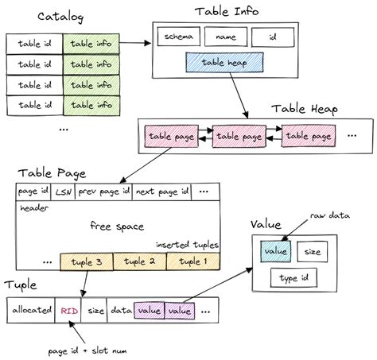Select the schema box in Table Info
179,36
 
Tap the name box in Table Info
226,36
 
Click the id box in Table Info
274,36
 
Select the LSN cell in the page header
64,192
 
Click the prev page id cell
103,192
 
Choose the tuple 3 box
86,261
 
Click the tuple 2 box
140,261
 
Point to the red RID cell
68,310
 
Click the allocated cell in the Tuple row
30,310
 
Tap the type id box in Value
293,278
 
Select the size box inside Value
313,251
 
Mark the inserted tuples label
187,244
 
